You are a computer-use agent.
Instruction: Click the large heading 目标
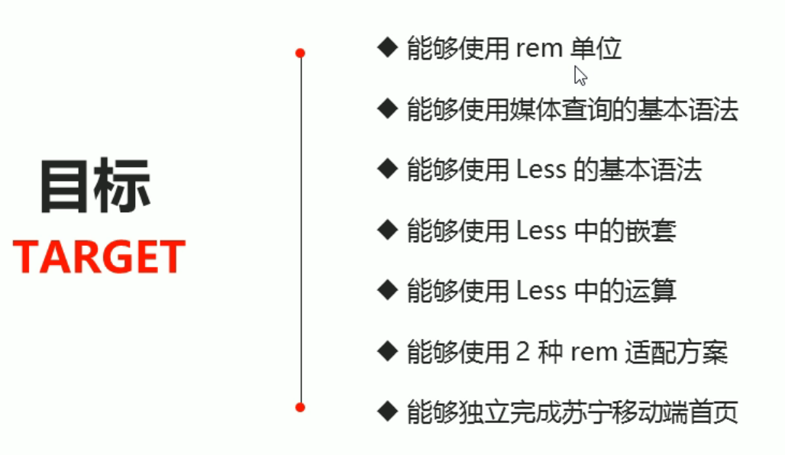95,186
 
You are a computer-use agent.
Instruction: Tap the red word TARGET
99,257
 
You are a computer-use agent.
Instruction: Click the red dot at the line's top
300,53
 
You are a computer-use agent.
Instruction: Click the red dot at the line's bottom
300,407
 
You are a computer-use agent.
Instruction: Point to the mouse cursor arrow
580,74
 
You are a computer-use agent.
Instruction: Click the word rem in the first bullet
539,49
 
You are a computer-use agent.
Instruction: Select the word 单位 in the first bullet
596,49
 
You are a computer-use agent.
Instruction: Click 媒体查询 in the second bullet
567,109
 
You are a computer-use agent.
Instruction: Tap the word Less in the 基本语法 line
541,169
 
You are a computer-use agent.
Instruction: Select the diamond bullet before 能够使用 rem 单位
388,47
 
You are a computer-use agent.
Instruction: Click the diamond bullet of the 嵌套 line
388,229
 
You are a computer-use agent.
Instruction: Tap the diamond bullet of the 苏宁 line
388,411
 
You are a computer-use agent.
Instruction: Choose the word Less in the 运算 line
541,291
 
